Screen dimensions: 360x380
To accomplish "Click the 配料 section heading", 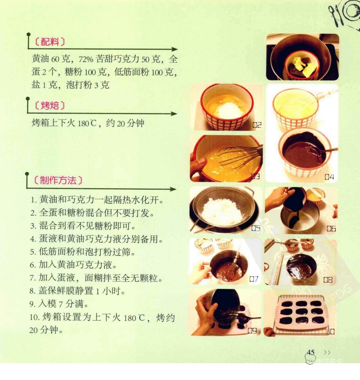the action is [50, 42].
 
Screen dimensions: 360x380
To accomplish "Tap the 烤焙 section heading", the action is [50, 106].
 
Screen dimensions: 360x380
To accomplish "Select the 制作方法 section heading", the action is [58, 180].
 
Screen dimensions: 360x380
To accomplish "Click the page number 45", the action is [311, 352].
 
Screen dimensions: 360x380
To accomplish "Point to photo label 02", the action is [257, 125].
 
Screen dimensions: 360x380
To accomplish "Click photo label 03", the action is [256, 176].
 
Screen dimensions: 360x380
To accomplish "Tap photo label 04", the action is [329, 177].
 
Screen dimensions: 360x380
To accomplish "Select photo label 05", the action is [256, 228].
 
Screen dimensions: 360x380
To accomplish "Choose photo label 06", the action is [331, 228].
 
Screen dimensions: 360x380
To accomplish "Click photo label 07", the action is [254, 279].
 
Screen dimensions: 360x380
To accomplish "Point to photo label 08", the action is [328, 280].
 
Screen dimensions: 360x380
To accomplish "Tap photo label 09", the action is [252, 331].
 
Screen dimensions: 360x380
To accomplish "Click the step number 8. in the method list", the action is [33, 291].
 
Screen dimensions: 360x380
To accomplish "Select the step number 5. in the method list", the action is [33, 252].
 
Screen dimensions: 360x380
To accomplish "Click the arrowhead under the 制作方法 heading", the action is [173, 189].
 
